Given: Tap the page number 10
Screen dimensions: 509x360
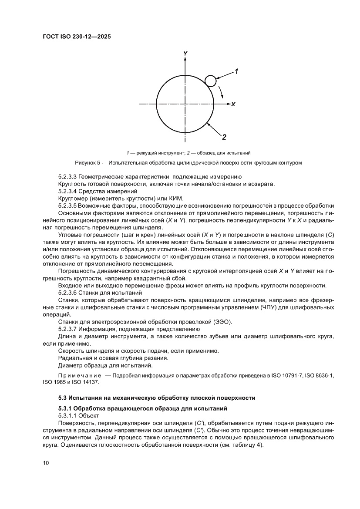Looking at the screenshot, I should click(x=46, y=462).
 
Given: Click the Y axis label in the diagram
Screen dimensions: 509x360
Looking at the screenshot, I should click(x=185, y=54).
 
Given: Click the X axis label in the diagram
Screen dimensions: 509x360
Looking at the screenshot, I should click(x=233, y=104).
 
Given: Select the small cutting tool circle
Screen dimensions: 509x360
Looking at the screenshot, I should click(x=211, y=81).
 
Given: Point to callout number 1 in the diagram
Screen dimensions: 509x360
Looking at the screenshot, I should click(x=237, y=70).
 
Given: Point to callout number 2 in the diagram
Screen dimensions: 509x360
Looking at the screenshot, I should click(x=224, y=138).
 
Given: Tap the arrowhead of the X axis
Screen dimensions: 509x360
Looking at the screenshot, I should click(x=228, y=104).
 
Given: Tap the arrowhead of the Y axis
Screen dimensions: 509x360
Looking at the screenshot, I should click(x=185, y=60).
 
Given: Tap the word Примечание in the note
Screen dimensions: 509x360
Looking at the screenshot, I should click(x=80, y=375).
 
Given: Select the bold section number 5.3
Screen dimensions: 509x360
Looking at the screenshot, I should click(x=64, y=398).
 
